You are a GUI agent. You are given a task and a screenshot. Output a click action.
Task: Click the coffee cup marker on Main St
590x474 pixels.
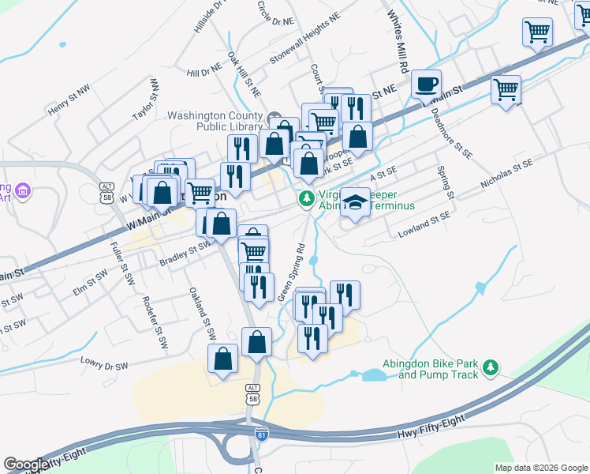(x=426, y=84)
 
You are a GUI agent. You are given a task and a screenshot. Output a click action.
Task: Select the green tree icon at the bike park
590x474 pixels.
(x=491, y=367)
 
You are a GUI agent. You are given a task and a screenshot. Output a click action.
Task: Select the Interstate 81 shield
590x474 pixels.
(x=262, y=434)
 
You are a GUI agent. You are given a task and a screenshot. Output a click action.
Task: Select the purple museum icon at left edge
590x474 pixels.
(x=22, y=191)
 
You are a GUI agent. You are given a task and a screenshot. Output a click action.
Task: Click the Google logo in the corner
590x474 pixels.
(x=26, y=465)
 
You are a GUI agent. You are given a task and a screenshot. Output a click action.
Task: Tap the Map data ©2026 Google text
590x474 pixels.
(x=540, y=468)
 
